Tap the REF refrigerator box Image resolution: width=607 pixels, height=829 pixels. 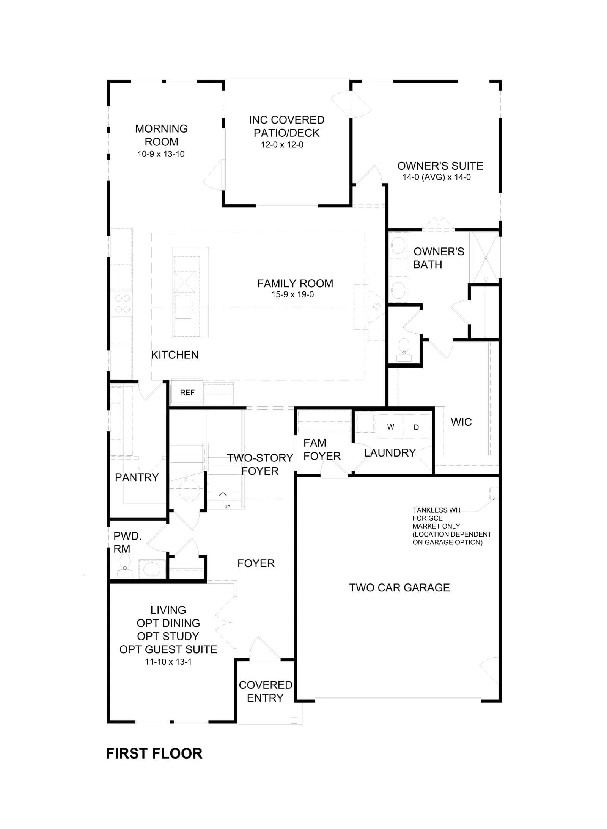pos(187,393)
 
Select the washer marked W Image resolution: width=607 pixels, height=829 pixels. pos(390,427)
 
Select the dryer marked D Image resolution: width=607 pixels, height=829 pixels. pos(417,427)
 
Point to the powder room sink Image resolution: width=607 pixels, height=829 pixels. pos(152,569)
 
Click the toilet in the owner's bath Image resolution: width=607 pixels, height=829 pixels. pos(404,350)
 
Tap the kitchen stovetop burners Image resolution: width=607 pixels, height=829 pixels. pos(122,304)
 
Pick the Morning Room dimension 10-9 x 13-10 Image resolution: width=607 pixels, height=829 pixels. pos(161,154)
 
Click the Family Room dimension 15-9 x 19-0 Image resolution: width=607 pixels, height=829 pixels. pos(292,294)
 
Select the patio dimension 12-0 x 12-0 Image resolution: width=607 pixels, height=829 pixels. pos(282,145)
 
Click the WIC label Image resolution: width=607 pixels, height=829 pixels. pos(461,422)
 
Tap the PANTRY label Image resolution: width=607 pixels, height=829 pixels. pos(137,477)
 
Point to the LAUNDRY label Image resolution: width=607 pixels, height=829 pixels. pos(390,453)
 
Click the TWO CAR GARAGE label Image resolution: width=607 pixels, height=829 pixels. pos(399,588)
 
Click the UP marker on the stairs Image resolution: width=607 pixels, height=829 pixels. pos(227,507)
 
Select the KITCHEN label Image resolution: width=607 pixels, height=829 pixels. pos(175,355)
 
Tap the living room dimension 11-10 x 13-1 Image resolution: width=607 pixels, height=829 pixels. pos(168,662)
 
